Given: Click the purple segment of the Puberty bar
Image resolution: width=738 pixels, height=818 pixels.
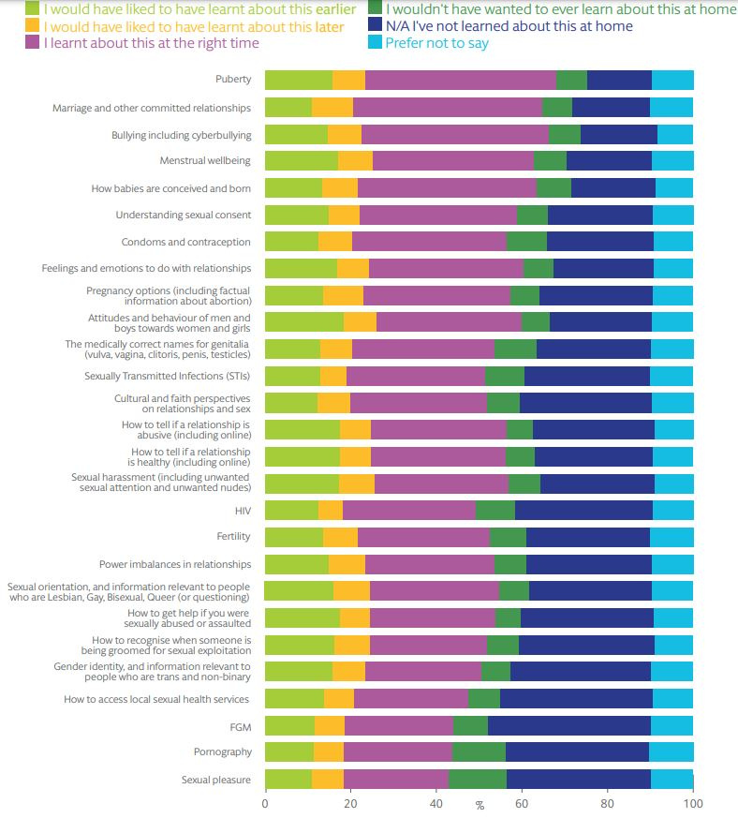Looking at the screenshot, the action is tap(461, 80).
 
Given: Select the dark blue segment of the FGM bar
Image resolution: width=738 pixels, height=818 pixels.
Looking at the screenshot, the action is tap(569, 725).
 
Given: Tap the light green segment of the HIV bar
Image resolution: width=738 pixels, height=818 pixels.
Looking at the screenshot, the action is tap(291, 511).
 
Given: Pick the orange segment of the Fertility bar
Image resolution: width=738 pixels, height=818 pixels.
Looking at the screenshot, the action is tap(340, 537).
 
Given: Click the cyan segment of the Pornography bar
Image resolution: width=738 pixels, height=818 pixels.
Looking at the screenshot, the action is tap(671, 752).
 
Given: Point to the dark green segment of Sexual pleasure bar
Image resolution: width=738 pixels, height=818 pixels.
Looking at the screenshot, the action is tap(478, 779).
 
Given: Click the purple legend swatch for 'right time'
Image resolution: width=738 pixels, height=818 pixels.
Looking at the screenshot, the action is tap(33, 42).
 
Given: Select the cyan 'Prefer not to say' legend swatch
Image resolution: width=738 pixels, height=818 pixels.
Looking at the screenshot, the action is tap(375, 42).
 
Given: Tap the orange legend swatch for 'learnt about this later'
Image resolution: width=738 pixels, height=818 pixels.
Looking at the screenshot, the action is tap(33, 25).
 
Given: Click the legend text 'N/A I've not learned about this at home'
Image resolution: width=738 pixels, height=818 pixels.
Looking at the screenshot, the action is tap(509, 25).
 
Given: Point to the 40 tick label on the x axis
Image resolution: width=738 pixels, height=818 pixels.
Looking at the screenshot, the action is tap(436, 804).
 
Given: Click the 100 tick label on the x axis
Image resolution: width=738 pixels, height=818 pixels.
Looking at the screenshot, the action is tap(693, 804).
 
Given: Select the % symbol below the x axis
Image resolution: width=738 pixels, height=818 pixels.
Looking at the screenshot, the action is tap(480, 806).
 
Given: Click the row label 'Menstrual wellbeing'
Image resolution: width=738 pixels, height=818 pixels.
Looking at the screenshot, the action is tap(205, 160).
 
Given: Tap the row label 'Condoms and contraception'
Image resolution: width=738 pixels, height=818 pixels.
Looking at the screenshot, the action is tap(185, 242).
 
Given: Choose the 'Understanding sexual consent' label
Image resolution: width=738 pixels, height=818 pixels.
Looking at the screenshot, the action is tap(183, 215).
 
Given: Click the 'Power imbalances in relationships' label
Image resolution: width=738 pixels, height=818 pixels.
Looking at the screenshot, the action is tap(175, 564).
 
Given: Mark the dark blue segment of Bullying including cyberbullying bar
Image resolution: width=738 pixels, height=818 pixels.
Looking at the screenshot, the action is tap(618, 134).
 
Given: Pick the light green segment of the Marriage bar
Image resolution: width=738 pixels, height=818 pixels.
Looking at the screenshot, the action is tap(288, 107).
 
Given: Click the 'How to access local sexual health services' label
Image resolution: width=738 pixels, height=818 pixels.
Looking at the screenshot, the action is tap(156, 699).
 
